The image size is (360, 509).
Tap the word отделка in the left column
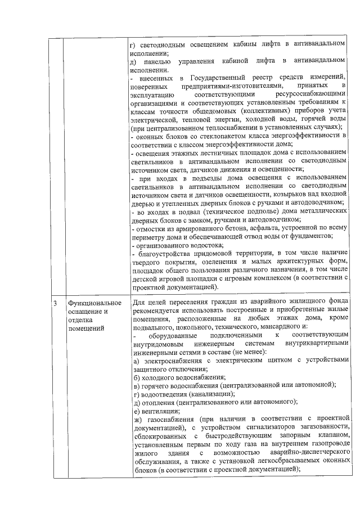coord(78,320)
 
